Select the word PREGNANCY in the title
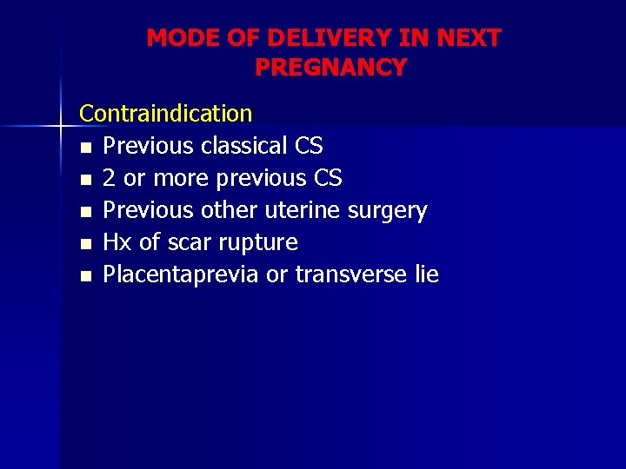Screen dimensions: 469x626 330,67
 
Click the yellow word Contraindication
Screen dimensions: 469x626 166,113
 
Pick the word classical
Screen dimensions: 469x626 246,146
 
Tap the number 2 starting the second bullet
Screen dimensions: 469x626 110,178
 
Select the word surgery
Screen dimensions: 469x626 387,211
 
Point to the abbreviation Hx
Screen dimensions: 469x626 117,242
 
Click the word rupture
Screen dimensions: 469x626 258,243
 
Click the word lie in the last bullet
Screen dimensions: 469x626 426,274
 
